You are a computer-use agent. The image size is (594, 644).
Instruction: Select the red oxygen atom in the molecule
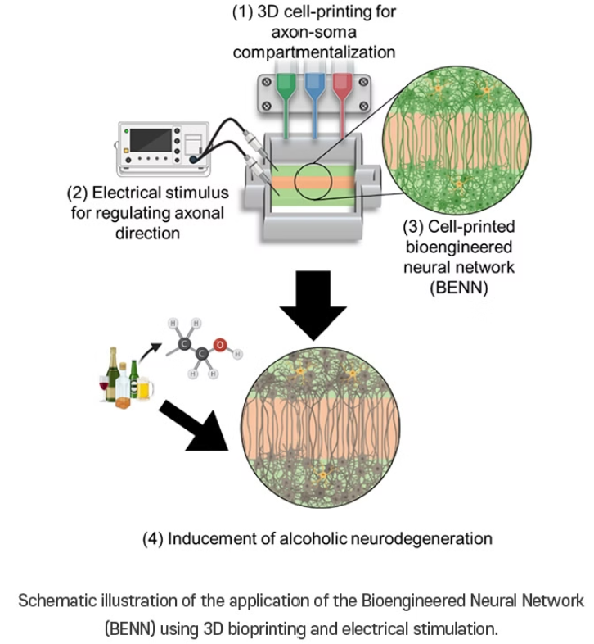coord(218,342)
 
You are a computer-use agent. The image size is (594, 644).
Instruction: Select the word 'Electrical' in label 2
coord(133,194)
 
